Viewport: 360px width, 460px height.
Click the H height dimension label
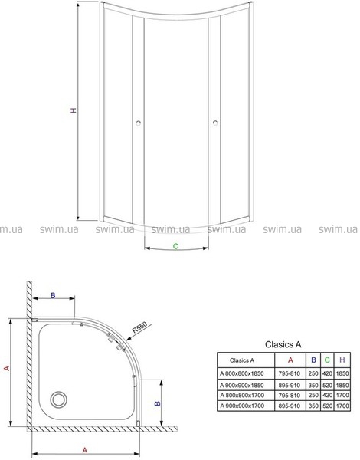tap(74, 110)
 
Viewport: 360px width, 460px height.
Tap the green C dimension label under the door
tap(175, 246)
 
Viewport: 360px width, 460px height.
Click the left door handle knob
tap(139, 123)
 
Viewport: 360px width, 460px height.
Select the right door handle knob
tap(215, 123)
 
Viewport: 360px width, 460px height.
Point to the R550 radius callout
tap(139, 327)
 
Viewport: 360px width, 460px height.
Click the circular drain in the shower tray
tap(59, 399)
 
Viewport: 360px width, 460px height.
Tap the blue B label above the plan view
tap(53, 295)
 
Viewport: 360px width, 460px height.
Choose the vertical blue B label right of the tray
tap(158, 403)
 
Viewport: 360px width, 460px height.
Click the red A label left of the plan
tap(7, 368)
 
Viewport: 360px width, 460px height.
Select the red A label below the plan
tap(85, 450)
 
